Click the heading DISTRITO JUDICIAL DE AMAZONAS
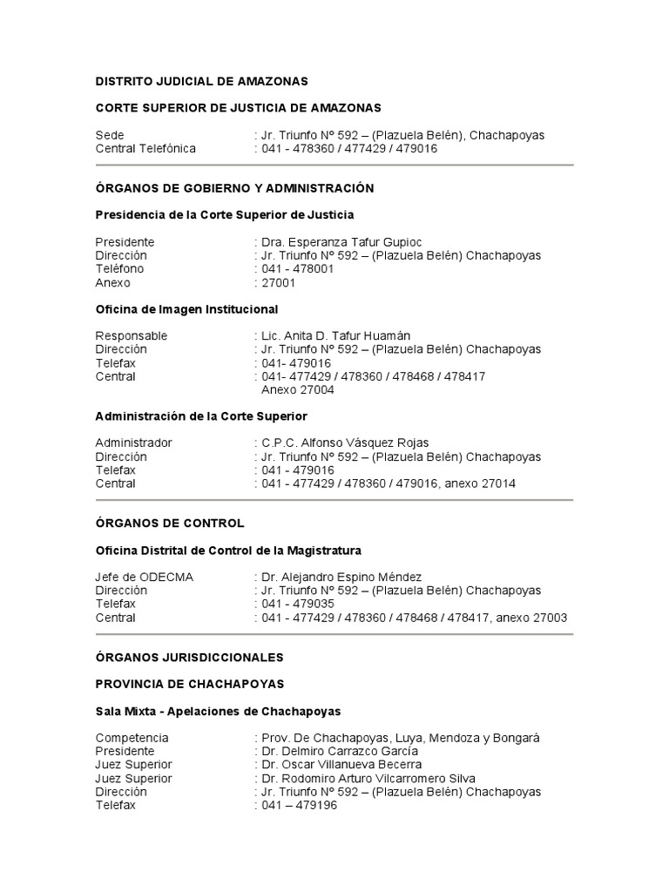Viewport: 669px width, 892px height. [201, 81]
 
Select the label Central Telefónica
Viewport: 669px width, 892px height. [145, 149]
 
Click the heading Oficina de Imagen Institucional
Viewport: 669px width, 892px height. [186, 308]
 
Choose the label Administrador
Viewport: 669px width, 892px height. [133, 443]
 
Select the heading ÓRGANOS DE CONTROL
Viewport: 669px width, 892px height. [170, 524]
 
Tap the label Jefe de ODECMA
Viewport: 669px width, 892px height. [145, 577]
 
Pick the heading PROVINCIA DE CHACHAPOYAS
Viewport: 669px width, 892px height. [189, 684]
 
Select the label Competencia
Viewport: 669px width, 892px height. [132, 738]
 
